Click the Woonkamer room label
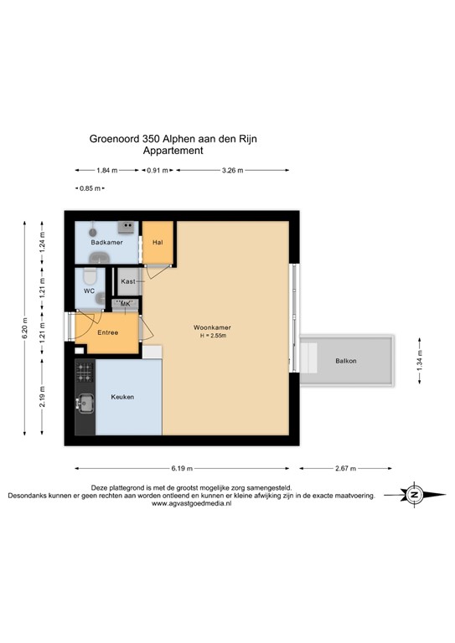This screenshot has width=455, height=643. tap(212, 327)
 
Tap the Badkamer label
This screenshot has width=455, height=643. tap(107, 243)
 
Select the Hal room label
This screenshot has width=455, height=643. tap(157, 243)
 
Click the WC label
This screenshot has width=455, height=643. tap(88, 291)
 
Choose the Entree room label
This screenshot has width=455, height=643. tap(107, 333)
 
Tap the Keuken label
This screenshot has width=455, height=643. tap(123, 397)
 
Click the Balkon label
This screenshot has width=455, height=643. tap(344, 361)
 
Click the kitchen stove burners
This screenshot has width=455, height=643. tap(84, 368)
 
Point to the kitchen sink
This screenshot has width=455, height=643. tap(85, 404)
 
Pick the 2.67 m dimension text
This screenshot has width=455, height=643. tap(345, 468)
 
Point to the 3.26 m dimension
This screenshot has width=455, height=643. tap(232, 171)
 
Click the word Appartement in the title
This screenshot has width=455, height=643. tap(174, 152)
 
